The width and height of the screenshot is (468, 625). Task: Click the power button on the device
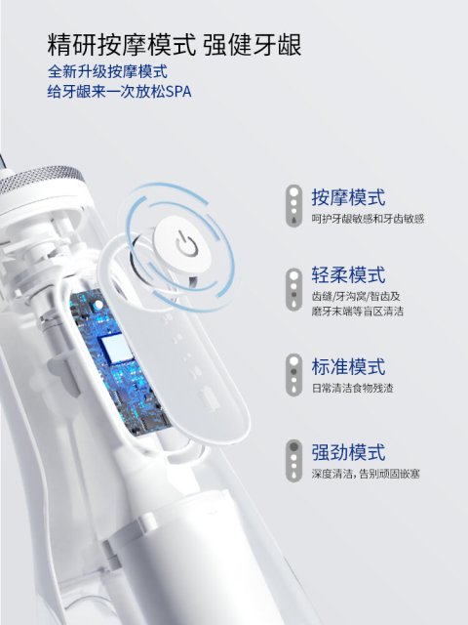tap(182, 243)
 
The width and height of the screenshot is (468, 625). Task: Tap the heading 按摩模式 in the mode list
tap(348, 197)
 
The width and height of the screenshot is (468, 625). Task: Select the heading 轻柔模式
tap(348, 275)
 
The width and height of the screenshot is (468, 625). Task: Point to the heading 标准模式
tap(348, 367)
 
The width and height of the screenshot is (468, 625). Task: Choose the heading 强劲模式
tap(348, 452)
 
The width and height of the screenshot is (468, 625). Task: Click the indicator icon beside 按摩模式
tap(293, 206)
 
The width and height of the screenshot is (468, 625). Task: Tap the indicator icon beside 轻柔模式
tap(293, 289)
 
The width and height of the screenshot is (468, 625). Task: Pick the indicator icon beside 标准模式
tap(293, 375)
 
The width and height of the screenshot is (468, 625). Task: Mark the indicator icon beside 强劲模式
tap(293, 461)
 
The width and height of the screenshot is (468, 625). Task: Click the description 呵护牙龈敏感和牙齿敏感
tap(368, 219)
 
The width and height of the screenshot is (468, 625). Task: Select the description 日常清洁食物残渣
tap(352, 389)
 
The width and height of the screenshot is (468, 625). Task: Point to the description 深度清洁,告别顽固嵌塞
tap(366, 474)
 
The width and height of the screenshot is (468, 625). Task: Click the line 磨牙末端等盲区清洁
tap(358, 311)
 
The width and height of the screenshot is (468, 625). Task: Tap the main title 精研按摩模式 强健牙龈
tap(175, 45)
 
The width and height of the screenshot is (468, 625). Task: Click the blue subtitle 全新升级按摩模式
tap(107, 71)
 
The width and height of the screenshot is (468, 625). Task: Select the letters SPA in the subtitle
tap(178, 92)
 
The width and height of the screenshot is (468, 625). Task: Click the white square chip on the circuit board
tap(115, 349)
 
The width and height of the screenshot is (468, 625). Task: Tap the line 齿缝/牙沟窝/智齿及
tap(356, 297)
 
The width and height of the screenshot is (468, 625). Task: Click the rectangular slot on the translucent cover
tap(210, 398)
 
